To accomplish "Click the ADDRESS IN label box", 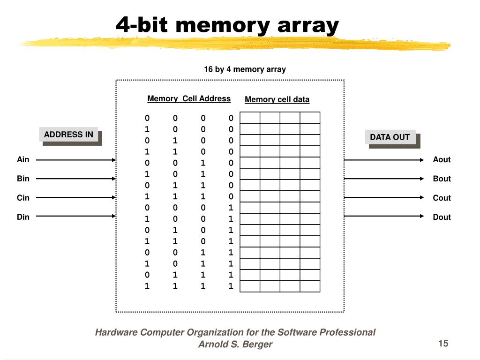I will click(68, 135).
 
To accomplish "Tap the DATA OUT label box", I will click(390, 137).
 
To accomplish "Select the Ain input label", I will click(23, 160).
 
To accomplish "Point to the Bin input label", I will click(23, 179).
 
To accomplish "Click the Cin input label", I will click(23, 198).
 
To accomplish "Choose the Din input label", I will click(23, 217).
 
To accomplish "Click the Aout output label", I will click(442, 160).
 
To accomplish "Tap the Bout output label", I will click(442, 179).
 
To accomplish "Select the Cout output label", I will click(442, 198).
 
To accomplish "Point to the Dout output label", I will click(442, 217).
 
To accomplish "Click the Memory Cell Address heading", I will click(189, 99).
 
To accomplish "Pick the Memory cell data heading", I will click(277, 99).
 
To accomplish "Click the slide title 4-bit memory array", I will click(227, 25).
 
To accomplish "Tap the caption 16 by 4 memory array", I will click(245, 69).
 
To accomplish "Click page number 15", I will click(443, 344).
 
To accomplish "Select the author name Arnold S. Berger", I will click(235, 345).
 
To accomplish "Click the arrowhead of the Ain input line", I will click(113, 160).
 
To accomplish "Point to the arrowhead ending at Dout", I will click(422, 217).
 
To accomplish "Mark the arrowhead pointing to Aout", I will click(422, 160).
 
